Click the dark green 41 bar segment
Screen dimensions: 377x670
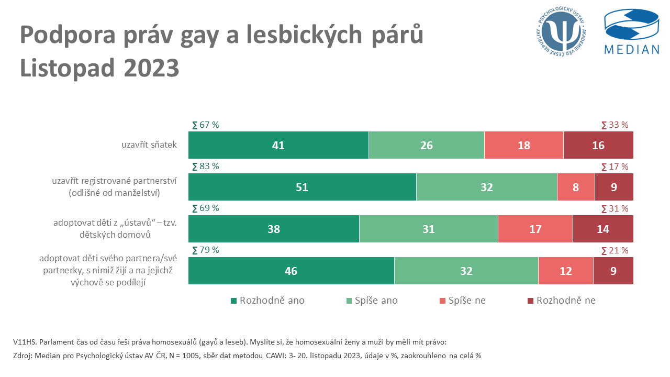pos(278,145)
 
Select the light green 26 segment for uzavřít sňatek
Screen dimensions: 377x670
pos(426,145)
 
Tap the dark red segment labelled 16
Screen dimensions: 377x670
pos(598,145)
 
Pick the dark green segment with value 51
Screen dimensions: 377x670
pos(302,187)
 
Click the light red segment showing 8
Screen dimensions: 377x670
pos(576,187)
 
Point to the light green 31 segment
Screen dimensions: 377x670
pos(428,229)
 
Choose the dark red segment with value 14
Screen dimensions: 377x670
pos(603,229)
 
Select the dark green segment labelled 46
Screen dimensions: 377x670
pos(291,271)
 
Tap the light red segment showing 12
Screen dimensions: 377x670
pos(565,271)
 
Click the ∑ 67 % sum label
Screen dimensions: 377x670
pos(205,125)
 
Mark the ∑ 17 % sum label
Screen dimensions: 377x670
pos(615,167)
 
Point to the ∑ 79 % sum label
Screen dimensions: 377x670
pos(205,250)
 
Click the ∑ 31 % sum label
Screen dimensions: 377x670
pos(615,208)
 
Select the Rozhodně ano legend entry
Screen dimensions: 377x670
pos(267,301)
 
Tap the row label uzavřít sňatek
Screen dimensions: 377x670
pos(149,145)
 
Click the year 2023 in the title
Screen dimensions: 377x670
pos(151,69)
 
